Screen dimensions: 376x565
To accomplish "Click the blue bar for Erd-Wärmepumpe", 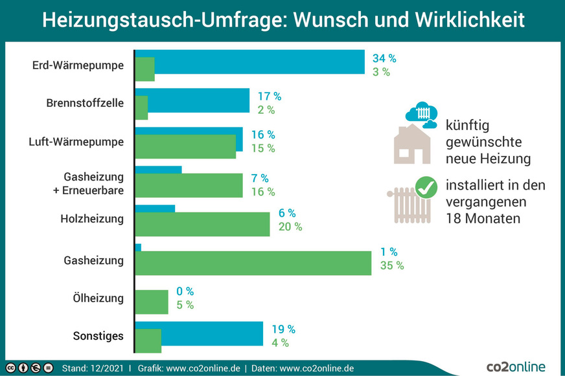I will coord(259,61).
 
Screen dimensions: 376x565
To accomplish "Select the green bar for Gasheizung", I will coord(253,263).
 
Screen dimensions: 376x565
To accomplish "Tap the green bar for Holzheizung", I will coord(202,225).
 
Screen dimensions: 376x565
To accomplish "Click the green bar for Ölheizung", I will coord(152,302).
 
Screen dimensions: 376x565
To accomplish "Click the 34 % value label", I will coord(384,58).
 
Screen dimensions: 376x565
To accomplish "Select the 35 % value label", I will coord(391,266).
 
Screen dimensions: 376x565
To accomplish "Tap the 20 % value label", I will coord(290,227).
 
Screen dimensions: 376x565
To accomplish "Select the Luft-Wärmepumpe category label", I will coord(76,142).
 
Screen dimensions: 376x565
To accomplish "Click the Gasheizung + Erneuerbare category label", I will coord(93,183).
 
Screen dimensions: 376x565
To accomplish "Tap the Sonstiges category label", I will coord(98,337).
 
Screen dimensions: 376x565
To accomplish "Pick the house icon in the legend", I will coord(412,144).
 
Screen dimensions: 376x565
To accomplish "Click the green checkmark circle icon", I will coord(426,188).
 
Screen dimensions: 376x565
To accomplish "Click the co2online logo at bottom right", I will coord(516,366).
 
